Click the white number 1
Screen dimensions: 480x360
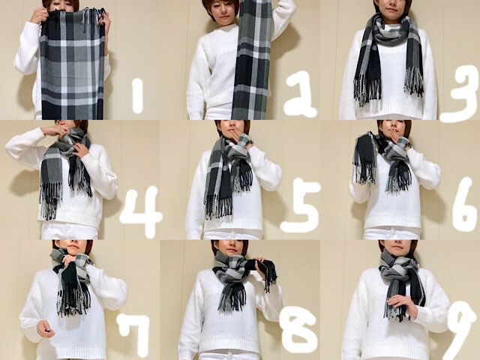click(x=137, y=96)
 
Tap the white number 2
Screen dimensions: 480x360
click(x=300, y=94)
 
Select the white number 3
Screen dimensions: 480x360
click(x=459, y=93)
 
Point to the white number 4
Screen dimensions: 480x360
click(x=141, y=212)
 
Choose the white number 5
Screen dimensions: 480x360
click(x=300, y=205)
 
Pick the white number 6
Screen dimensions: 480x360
click(x=465, y=205)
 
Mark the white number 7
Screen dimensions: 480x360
click(x=133, y=330)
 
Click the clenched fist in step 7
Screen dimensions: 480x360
click(x=45, y=328)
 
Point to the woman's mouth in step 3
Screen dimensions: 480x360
click(x=390, y=9)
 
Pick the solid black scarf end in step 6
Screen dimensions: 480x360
click(x=364, y=159)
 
